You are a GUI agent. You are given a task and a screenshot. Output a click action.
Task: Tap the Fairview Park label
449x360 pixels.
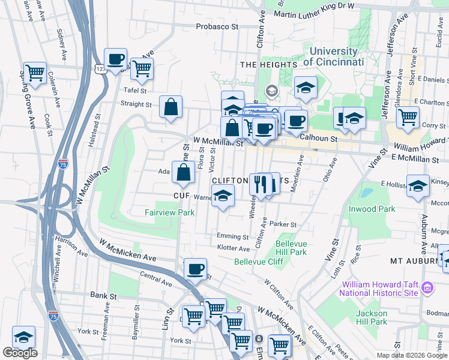coord(169,212)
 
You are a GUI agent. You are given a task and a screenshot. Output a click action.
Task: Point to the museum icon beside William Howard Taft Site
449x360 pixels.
coord(427,288)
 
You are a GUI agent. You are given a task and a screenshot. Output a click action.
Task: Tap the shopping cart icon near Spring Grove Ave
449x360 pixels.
coord(35,73)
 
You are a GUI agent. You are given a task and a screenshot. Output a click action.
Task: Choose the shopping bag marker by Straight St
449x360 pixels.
coord(171,106)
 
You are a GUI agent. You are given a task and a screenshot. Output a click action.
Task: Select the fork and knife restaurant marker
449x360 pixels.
coord(261,184)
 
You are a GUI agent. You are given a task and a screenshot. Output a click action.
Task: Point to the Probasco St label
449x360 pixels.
coord(217,27)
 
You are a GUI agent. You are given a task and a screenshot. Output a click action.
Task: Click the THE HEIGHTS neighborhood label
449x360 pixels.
coord(268,64)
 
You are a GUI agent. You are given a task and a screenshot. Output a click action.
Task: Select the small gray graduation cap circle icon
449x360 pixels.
coord(271,91)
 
